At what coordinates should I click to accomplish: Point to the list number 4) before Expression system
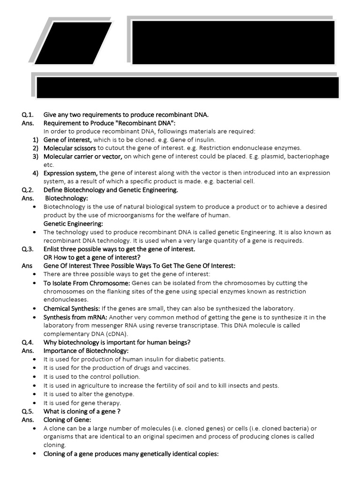click(35, 173)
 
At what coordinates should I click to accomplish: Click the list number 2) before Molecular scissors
click(35, 148)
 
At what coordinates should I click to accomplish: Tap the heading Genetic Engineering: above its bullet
click(73, 224)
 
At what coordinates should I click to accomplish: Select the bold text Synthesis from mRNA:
click(75, 317)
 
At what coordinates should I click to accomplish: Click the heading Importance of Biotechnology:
click(86, 351)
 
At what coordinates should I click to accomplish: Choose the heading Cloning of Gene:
click(67, 420)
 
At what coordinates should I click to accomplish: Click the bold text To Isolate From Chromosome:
click(87, 283)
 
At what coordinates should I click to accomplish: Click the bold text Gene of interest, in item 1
click(68, 140)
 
